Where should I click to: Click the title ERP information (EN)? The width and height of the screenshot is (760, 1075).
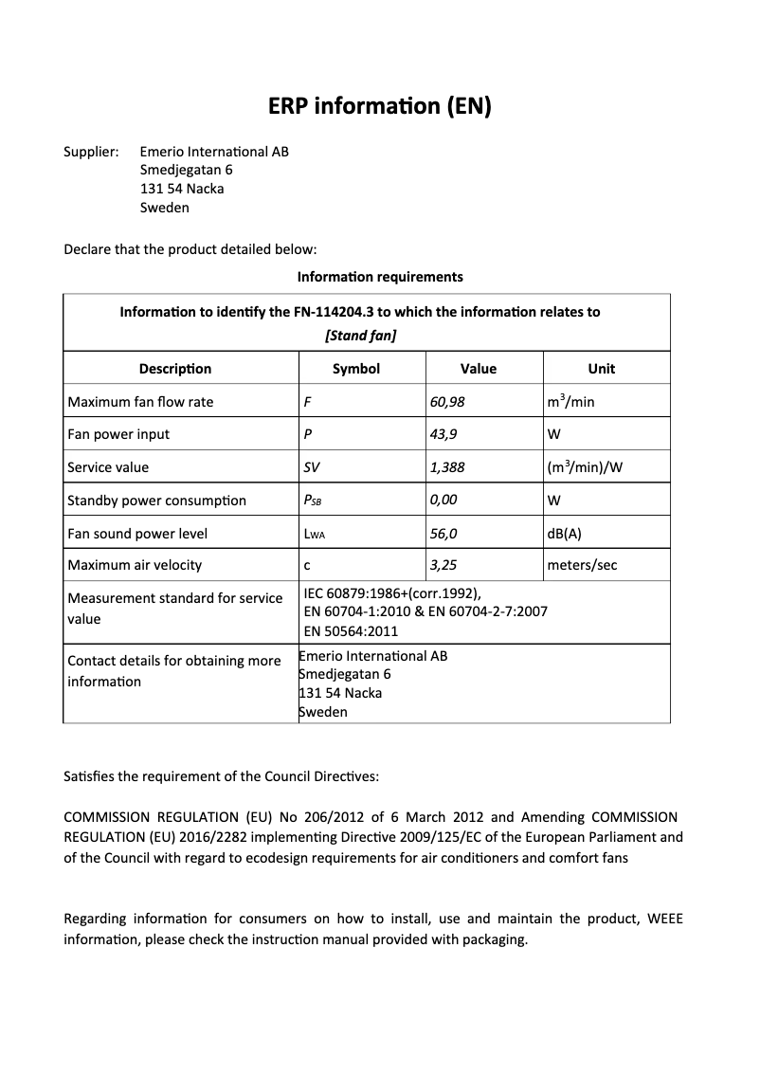[380, 106]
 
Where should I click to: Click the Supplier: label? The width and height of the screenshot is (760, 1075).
[91, 152]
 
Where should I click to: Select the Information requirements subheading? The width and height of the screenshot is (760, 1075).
[380, 277]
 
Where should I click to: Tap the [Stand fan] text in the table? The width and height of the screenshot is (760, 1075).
[360, 335]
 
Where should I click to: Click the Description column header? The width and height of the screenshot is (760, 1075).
[175, 369]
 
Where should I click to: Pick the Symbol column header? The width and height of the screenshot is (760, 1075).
[356, 369]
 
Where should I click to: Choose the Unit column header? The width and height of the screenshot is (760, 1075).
[601, 369]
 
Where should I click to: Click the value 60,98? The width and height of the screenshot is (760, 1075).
[447, 401]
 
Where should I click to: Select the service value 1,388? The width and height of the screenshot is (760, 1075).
[447, 466]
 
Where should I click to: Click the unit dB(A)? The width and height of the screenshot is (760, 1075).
[565, 533]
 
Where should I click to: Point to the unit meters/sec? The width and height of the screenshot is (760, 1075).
[582, 565]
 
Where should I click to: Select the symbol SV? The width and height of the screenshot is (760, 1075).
[312, 467]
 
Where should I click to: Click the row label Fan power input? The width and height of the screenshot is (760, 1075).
[118, 434]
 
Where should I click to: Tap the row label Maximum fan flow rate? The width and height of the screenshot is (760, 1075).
[140, 402]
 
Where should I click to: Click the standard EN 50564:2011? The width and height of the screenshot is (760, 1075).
[351, 630]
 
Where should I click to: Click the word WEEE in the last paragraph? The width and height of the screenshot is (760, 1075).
[663, 919]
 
